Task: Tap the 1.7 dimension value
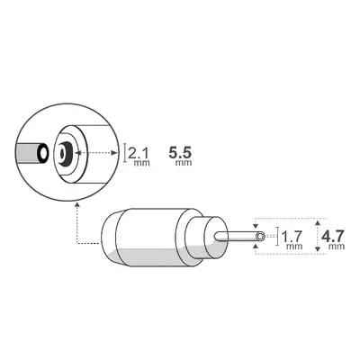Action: click(x=292, y=237)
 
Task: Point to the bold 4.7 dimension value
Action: click(x=334, y=236)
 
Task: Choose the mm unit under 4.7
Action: click(x=337, y=246)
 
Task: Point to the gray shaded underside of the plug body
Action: click(x=148, y=257)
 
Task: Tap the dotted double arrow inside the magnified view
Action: click(x=99, y=154)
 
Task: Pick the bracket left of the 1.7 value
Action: click(x=277, y=237)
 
